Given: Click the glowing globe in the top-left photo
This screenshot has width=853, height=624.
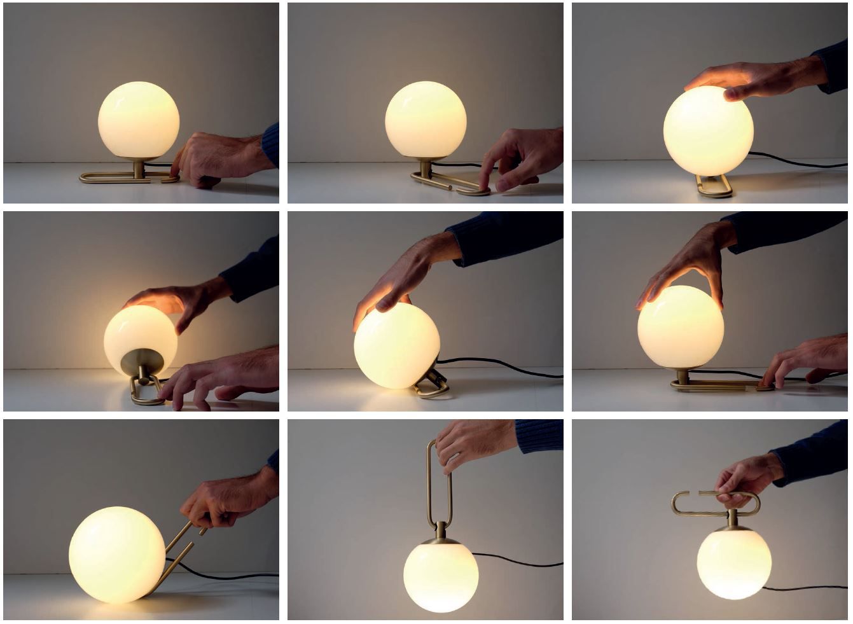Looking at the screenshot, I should (139, 120).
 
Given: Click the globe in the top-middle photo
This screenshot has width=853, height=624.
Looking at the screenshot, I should (426, 120).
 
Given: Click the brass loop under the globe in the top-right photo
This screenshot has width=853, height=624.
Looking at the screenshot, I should (714, 187).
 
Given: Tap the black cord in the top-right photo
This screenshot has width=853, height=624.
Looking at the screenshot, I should (801, 162).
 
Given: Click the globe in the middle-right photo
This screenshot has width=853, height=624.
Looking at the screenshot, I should (680, 326).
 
